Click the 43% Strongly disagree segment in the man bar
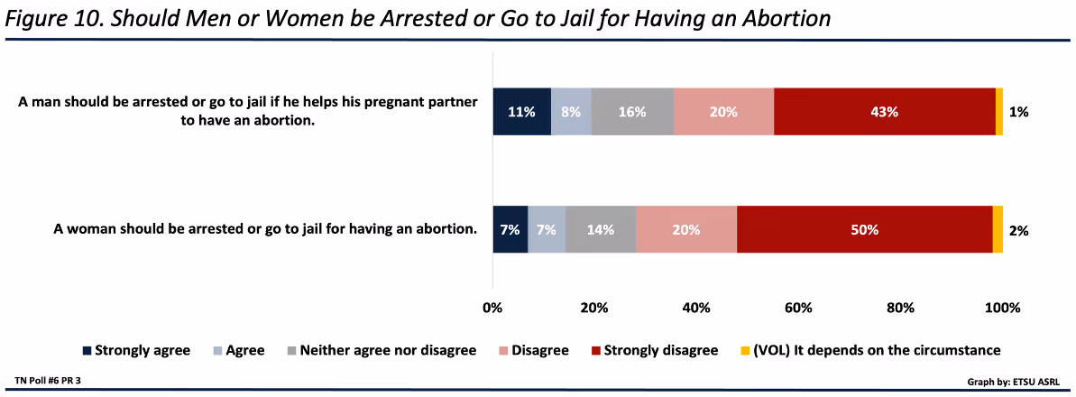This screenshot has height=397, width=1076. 884,113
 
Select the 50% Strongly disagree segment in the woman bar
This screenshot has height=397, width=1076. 864,230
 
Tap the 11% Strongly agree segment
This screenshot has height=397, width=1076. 521,113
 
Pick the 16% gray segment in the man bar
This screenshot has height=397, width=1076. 632,113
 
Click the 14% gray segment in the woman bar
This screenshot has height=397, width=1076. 601,230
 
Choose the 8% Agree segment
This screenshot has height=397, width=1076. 571,113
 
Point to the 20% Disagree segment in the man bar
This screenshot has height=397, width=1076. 723,113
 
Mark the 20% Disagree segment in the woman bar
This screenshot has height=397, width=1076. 686,230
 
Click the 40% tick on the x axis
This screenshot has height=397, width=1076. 696,308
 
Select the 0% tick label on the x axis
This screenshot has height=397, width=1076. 492,308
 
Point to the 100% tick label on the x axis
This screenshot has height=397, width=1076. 1002,308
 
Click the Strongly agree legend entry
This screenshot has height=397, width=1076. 136,350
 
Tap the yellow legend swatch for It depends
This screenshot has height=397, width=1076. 745,350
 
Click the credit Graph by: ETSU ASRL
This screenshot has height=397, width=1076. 1011,381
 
